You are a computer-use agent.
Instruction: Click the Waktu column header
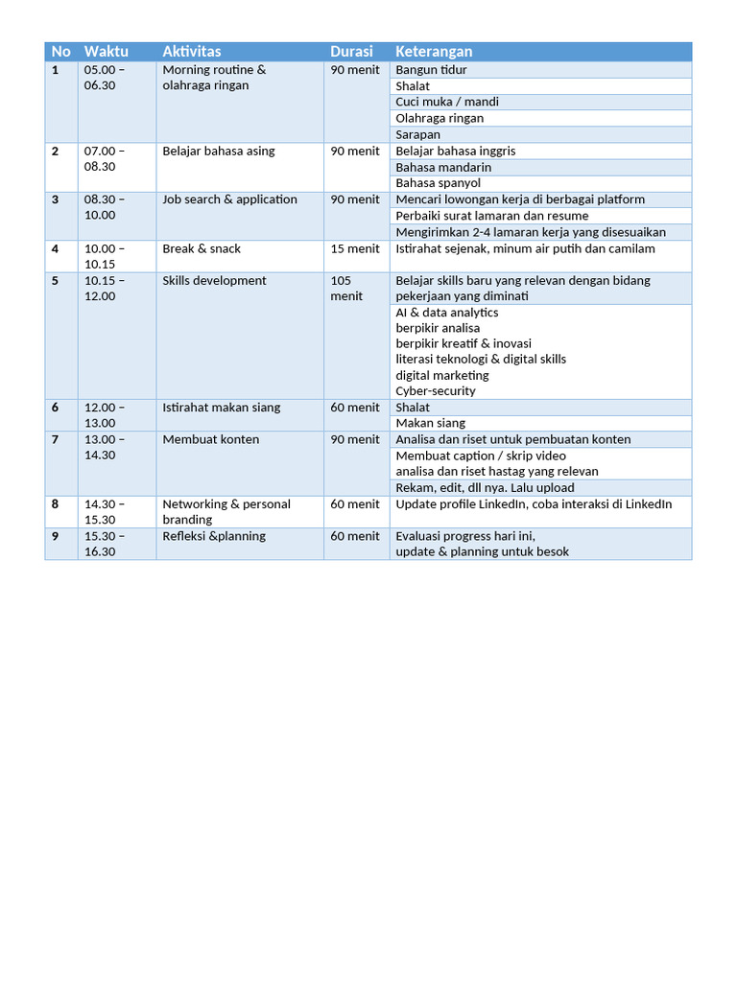(x=106, y=52)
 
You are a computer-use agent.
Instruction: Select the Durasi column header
(x=351, y=52)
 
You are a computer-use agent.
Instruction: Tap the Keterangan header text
(x=434, y=52)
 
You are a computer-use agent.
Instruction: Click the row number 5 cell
(x=56, y=281)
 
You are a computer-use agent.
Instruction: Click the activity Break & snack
(x=202, y=249)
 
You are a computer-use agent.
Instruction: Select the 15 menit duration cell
(x=355, y=249)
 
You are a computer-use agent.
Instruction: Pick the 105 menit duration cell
(x=347, y=289)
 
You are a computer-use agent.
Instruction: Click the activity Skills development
(x=214, y=281)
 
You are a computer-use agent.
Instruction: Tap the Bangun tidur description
(x=431, y=70)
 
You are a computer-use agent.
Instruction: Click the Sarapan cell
(x=418, y=135)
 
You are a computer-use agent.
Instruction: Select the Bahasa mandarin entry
(x=443, y=167)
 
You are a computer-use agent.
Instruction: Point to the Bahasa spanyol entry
(x=439, y=183)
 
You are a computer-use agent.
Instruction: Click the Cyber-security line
(x=436, y=391)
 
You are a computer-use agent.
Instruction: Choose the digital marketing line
(x=442, y=375)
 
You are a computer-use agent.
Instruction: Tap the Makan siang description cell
(x=430, y=423)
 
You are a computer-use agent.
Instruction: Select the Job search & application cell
(x=229, y=199)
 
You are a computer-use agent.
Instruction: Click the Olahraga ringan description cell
(x=440, y=119)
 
